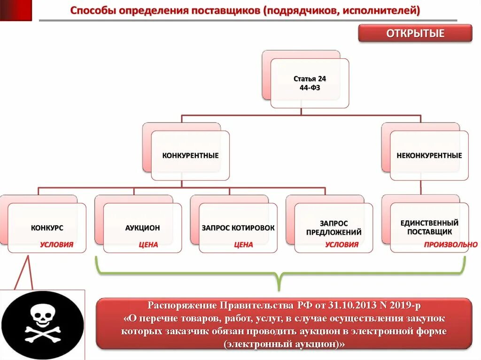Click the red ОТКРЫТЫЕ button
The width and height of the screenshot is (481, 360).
[x=415, y=34]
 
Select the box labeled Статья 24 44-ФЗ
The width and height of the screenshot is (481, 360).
[x=310, y=83]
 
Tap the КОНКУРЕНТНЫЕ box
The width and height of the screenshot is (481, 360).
[x=190, y=155]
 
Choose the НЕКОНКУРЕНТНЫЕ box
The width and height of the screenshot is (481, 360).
[x=429, y=155]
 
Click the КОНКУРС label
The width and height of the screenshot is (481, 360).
[x=47, y=228]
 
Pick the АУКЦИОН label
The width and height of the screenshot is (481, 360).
[x=142, y=228]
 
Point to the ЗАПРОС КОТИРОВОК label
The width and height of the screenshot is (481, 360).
[x=238, y=228]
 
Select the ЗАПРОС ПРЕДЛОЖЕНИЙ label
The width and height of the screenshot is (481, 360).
[x=334, y=228]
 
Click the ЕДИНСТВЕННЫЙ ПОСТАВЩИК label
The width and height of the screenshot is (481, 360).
[x=429, y=227]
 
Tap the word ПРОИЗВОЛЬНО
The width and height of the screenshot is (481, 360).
[x=450, y=245]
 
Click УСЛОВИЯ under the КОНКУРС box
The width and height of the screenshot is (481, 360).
[x=56, y=245]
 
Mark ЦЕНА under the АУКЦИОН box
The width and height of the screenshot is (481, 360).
[x=148, y=245]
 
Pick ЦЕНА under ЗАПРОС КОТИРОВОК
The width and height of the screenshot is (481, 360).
[x=243, y=245]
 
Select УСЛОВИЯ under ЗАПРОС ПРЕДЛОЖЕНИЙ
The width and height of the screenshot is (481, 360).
[x=341, y=245]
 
